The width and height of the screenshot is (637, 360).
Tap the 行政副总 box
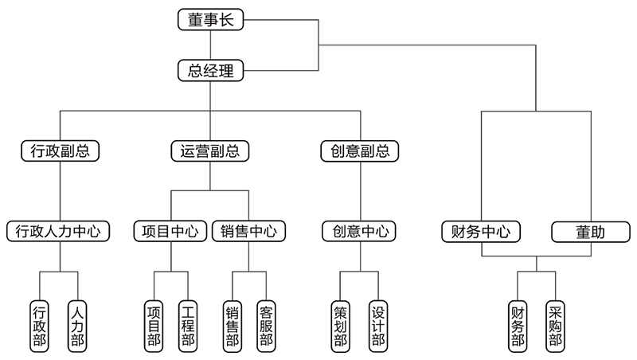click(61, 151)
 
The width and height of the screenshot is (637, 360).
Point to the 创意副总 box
click(359, 151)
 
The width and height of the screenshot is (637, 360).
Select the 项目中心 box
click(170, 232)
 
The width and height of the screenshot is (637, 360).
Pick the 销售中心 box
click(248, 232)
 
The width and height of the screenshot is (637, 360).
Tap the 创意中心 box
click(359, 232)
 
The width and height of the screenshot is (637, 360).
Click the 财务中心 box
click(481, 232)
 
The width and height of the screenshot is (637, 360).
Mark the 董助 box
click(590, 232)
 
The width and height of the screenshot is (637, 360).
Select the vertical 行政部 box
click(39, 326)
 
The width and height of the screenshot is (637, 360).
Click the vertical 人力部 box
click(77, 326)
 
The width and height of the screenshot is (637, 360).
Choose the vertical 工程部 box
click(188, 326)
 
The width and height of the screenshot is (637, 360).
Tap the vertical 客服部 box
click(267, 326)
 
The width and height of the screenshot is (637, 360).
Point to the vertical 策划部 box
click(341, 326)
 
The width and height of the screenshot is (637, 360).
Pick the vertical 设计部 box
click(378, 326)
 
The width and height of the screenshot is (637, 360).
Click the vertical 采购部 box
click(555, 326)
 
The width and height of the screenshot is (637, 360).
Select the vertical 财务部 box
click(518, 326)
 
